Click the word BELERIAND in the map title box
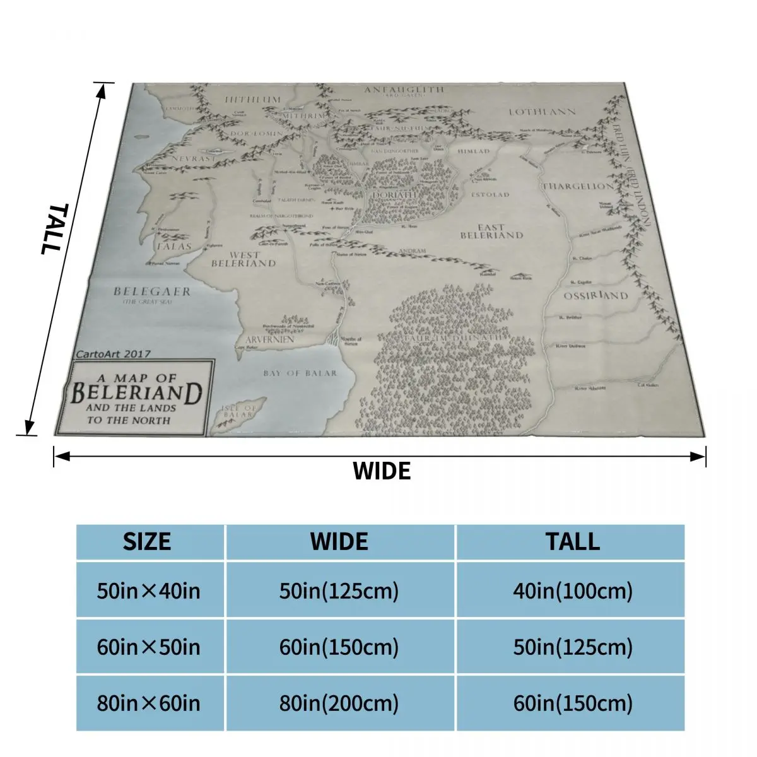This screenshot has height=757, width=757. point(136,393)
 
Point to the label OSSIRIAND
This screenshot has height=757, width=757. point(596,296)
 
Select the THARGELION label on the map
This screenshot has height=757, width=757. point(578,186)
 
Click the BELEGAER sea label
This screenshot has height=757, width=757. point(151,291)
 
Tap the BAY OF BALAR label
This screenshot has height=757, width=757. point(300,373)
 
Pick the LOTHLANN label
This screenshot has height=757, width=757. point(542,112)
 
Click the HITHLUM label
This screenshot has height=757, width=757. point(252,100)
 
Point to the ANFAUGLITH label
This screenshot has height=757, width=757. point(404,90)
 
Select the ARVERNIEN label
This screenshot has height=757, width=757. point(270,339)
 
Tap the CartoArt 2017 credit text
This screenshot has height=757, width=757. point(113,354)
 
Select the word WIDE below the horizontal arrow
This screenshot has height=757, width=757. point(381,471)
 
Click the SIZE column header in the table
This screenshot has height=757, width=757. point(147,542)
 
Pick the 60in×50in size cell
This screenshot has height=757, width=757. point(148,647)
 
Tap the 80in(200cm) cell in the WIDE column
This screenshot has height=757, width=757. point(339,703)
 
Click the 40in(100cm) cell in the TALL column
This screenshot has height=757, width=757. point(572,591)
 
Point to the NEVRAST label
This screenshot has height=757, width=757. point(192,159)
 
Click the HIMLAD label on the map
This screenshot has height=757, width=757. point(473,152)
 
